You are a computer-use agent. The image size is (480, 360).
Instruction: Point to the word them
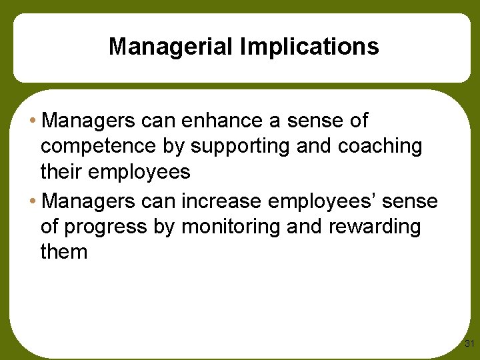click(x=64, y=252)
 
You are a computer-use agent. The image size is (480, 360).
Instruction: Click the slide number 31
click(x=469, y=344)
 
